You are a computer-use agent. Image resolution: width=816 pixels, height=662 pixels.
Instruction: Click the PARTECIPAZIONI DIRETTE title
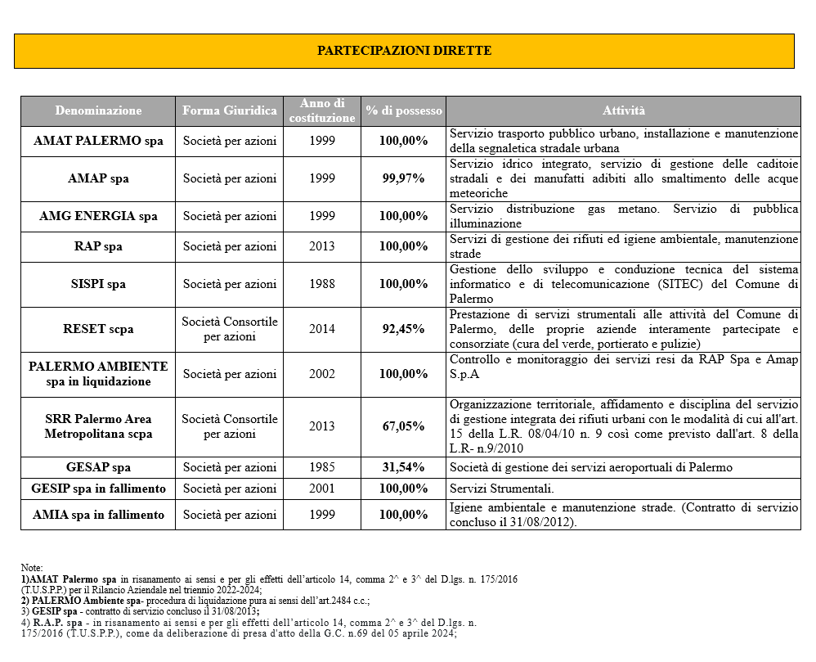click(404, 51)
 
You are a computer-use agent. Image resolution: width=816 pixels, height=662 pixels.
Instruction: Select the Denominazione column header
click(98, 110)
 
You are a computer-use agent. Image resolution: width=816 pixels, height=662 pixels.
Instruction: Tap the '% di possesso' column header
click(404, 110)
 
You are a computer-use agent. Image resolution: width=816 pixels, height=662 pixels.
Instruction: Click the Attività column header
click(623, 110)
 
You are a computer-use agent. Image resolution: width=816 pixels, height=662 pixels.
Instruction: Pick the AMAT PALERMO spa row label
click(98, 141)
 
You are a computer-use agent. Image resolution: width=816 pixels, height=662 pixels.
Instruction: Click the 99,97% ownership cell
click(404, 178)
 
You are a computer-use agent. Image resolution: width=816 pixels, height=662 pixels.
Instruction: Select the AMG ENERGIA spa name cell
click(98, 216)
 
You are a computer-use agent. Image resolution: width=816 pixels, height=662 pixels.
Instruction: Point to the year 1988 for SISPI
click(322, 284)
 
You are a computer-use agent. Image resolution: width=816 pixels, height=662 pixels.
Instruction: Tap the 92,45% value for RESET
click(404, 329)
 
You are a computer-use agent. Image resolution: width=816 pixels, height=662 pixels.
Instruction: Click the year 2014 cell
click(322, 329)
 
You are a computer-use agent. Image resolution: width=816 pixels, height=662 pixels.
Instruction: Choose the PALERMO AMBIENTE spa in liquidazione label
click(98, 374)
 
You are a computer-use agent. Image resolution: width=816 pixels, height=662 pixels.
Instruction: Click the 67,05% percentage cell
click(404, 426)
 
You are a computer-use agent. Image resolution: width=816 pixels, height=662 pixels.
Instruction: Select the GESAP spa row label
click(98, 467)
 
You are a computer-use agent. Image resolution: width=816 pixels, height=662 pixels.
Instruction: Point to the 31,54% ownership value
click(404, 467)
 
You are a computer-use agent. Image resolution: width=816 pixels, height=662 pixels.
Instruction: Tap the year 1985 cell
click(322, 467)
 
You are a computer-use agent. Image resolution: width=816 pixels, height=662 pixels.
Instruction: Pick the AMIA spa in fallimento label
click(98, 515)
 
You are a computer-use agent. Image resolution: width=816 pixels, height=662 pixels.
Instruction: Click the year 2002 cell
click(322, 374)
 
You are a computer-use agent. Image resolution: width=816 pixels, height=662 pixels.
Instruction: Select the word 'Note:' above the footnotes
click(32, 568)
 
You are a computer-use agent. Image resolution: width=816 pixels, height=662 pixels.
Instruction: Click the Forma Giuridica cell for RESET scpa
click(230, 329)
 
